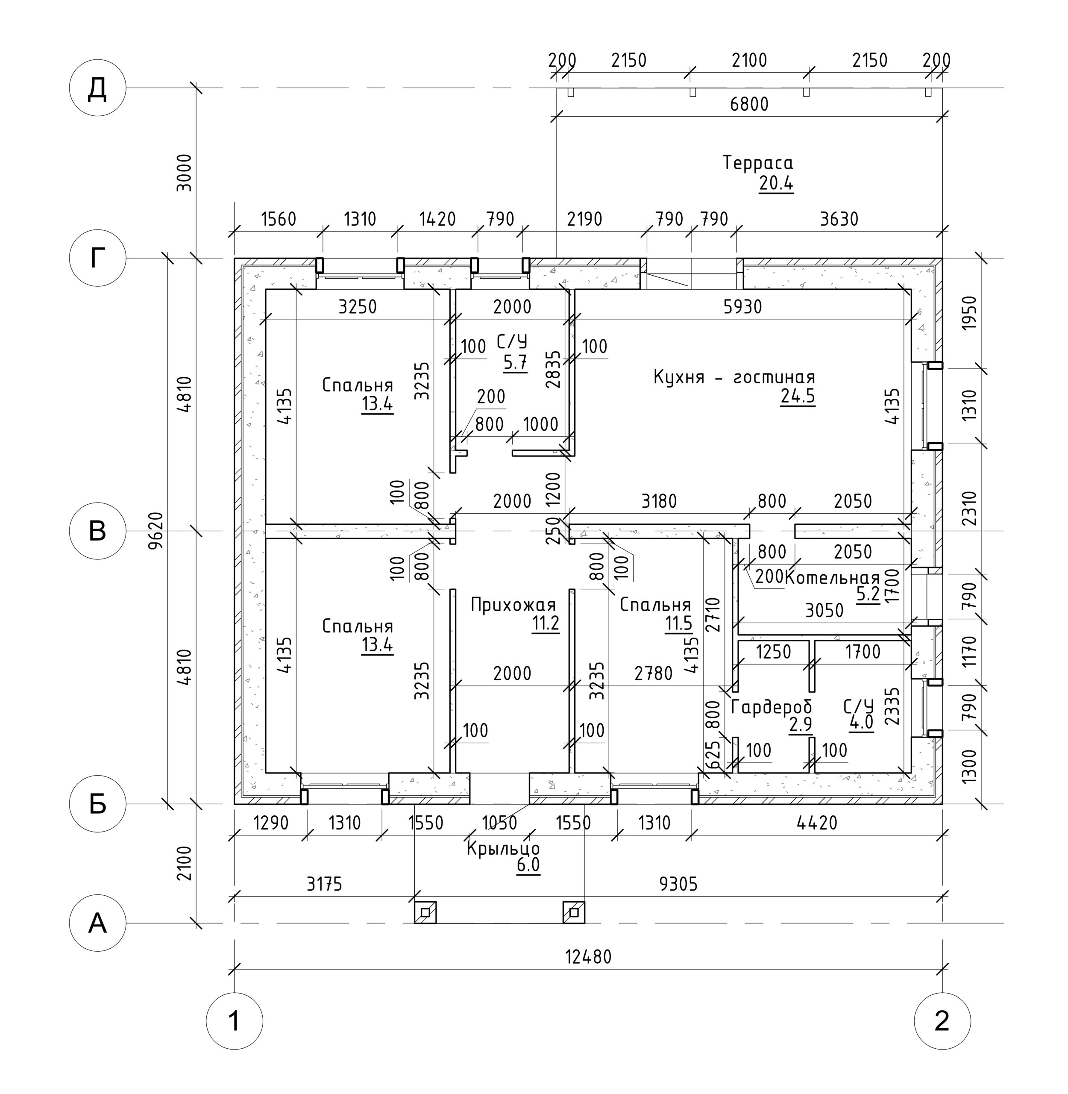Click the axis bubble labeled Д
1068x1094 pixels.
[x=97, y=88]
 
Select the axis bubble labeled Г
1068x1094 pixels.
[x=97, y=259]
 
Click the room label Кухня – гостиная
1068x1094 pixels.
[x=734, y=377]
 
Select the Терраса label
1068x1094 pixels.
[x=758, y=163]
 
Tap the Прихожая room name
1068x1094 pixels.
[x=513, y=605]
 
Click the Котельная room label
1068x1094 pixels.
[x=832, y=578]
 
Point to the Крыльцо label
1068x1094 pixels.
[x=503, y=849]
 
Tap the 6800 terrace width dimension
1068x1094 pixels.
[x=749, y=104]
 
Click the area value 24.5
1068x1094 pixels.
[x=798, y=397]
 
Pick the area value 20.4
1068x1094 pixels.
[x=776, y=183]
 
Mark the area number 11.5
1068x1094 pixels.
[x=679, y=624]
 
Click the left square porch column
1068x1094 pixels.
[x=425, y=913]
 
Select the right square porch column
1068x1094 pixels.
[x=574, y=913]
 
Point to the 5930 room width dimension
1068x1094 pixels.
[x=742, y=307]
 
